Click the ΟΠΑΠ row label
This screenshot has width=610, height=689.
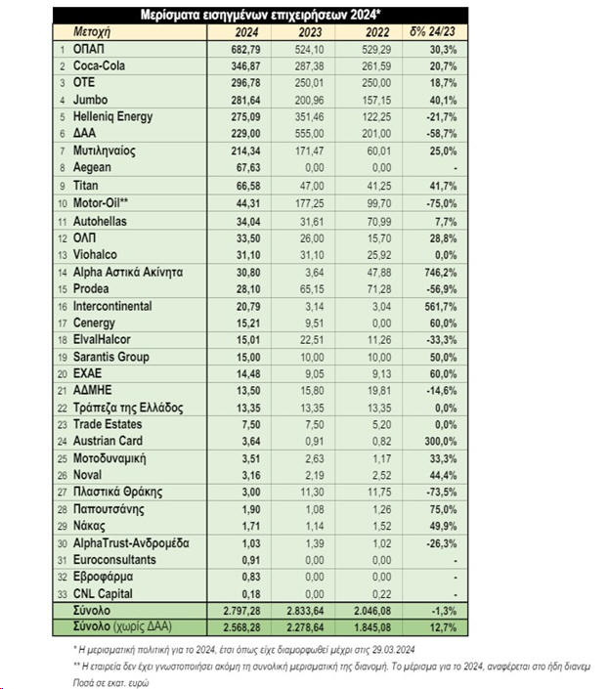[88, 49]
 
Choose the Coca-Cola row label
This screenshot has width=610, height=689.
[101, 65]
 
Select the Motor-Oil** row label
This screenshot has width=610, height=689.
[105, 202]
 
